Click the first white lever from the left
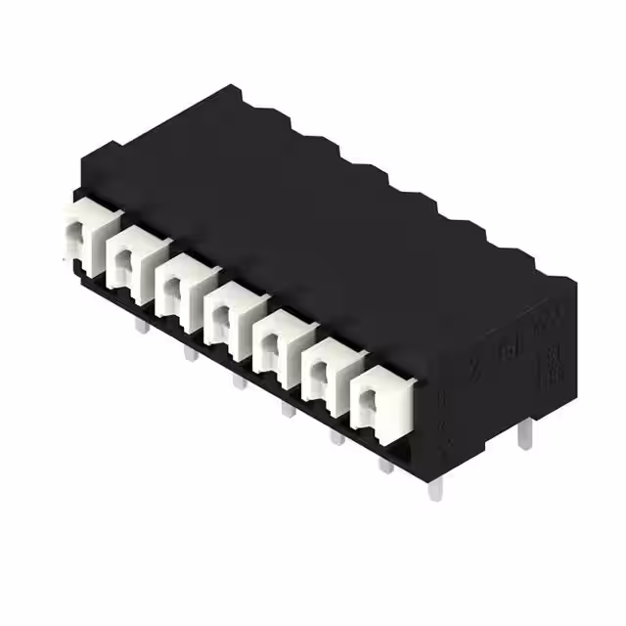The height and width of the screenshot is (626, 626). tap(82, 238)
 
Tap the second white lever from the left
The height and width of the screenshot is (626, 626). tap(130, 259)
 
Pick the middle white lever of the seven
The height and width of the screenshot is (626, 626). tap(228, 312)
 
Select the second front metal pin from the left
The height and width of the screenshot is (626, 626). tap(188, 351)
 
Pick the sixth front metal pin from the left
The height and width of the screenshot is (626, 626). tap(385, 466)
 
